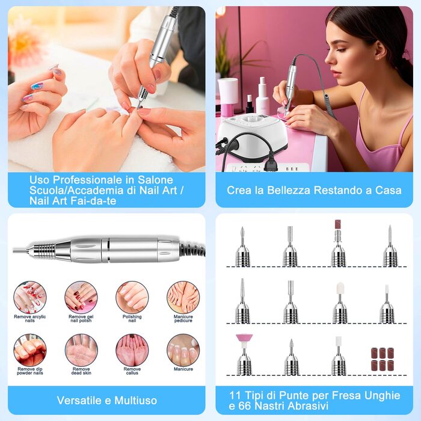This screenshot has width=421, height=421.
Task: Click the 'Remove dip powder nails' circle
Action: click(x=29, y=349)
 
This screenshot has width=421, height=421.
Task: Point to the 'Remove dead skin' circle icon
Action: click(x=81, y=349)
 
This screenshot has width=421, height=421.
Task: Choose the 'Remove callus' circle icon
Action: click(x=132, y=349)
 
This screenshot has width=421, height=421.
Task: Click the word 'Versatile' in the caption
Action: click(x=79, y=400)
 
